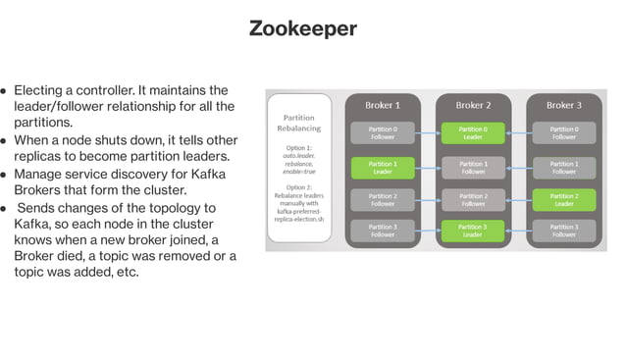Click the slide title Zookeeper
click(x=302, y=28)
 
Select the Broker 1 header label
click(x=383, y=105)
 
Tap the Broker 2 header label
click(x=473, y=105)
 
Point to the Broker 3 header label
click(x=563, y=105)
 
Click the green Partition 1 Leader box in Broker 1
click(x=383, y=168)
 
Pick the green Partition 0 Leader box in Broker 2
click(x=473, y=132)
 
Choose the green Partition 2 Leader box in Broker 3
click(x=563, y=200)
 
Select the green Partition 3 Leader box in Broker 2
click(x=473, y=231)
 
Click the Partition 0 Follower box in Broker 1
click(x=383, y=132)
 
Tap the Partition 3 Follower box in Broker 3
click(x=563, y=231)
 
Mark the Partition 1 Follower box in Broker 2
click(x=473, y=168)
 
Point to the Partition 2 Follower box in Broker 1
click(x=383, y=200)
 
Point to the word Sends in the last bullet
click(x=36, y=208)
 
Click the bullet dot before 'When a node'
click(x=5, y=141)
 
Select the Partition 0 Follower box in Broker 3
click(x=563, y=132)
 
